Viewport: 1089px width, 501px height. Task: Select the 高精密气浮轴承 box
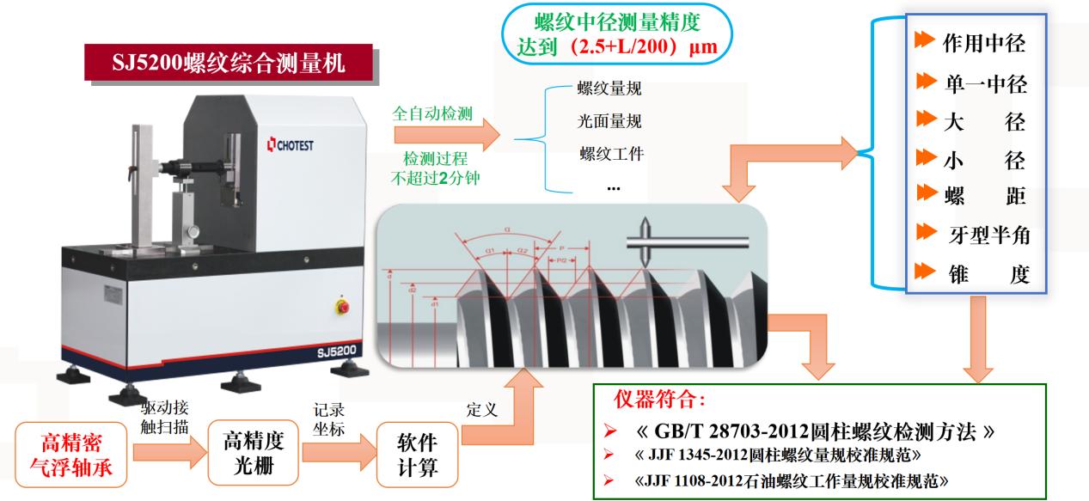pos(72,454)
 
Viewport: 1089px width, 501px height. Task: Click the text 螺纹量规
pos(609,89)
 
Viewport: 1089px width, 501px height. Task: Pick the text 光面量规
pos(609,121)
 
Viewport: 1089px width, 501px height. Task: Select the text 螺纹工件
pos(612,154)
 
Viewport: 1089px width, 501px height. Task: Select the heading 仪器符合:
pos(660,400)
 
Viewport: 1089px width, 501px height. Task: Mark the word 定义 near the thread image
pos(482,410)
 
